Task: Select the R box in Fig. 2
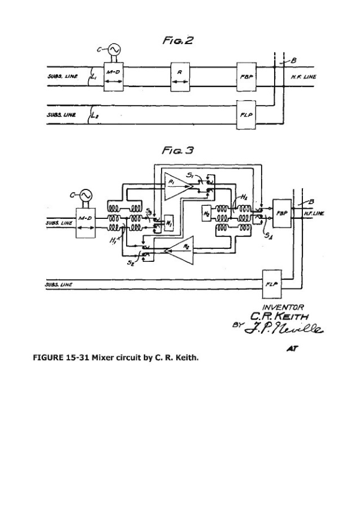click(180, 75)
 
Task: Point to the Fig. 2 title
click(177, 41)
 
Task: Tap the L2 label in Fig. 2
click(95, 116)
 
